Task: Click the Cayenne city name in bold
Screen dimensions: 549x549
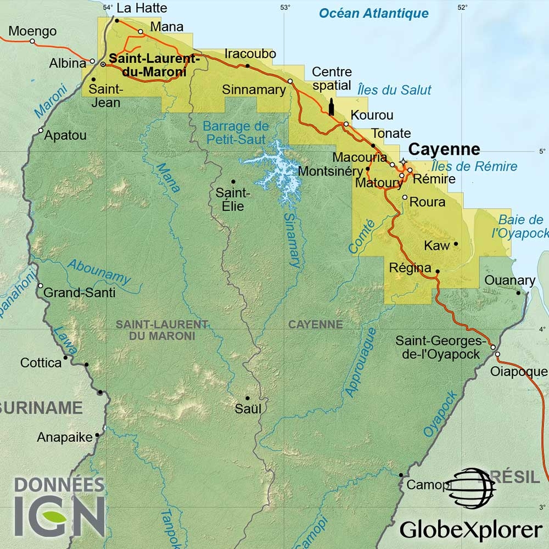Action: (445, 149)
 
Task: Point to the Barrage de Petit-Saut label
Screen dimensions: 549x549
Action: (236, 132)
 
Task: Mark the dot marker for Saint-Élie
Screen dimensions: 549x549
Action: (233, 182)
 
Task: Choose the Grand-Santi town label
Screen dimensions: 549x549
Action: (80, 293)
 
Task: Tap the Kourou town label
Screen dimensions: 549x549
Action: (372, 115)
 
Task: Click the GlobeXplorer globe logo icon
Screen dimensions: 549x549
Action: (470, 488)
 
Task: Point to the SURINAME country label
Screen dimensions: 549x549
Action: (41, 408)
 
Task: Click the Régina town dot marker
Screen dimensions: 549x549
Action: (438, 271)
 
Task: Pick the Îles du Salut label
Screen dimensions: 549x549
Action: (394, 90)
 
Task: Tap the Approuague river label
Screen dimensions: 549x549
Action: (360, 362)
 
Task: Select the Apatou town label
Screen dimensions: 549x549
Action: (65, 135)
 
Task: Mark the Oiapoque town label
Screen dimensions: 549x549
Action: (519, 372)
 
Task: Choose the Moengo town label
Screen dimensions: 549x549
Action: (33, 31)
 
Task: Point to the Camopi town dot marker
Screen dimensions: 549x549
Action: (401, 475)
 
